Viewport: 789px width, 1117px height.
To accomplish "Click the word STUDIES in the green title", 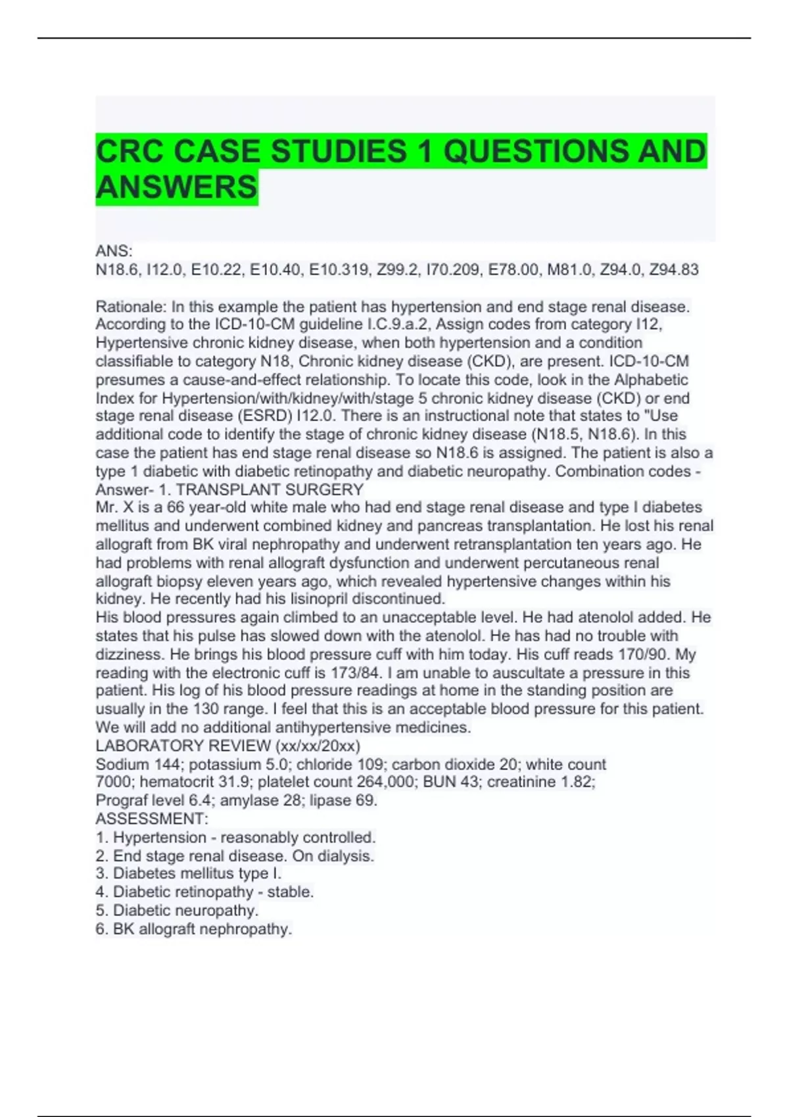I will coord(339,151).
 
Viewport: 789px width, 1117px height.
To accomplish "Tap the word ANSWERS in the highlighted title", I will coord(176,187).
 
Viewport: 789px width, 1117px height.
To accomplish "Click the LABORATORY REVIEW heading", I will coord(183,746).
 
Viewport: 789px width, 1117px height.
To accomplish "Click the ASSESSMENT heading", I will coord(151,819).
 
